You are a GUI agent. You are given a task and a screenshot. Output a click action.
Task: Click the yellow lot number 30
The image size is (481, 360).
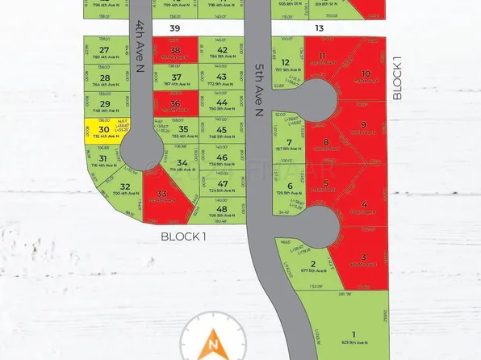coord(103,129)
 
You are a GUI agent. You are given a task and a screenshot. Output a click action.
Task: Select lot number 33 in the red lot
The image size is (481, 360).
coord(162,194)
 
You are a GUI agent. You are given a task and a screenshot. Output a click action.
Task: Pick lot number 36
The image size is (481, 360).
coord(175,104)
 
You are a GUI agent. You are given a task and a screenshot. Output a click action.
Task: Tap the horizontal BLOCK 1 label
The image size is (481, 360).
coord(184,237)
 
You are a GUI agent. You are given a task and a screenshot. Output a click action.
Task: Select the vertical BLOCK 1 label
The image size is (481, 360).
coord(396,79)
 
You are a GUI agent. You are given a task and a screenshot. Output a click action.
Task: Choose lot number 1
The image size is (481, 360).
coord(353,334)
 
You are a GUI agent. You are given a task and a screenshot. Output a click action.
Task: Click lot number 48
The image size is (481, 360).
coord(222,209)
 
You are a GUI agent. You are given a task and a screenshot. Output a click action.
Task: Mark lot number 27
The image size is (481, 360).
coord(104,50)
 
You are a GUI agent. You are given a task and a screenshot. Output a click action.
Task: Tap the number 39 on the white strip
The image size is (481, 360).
coord(174,28)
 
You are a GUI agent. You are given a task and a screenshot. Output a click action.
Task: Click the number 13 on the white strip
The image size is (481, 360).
coord(320,28)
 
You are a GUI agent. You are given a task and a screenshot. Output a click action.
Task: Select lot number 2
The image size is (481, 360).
coord(312,263)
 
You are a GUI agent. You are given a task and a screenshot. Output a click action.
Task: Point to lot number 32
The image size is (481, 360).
coord(125,186)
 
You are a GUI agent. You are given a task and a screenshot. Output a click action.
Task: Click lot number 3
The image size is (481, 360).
coord(364,257)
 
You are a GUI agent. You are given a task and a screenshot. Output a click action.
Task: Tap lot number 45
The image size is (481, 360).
coord(222,130)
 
